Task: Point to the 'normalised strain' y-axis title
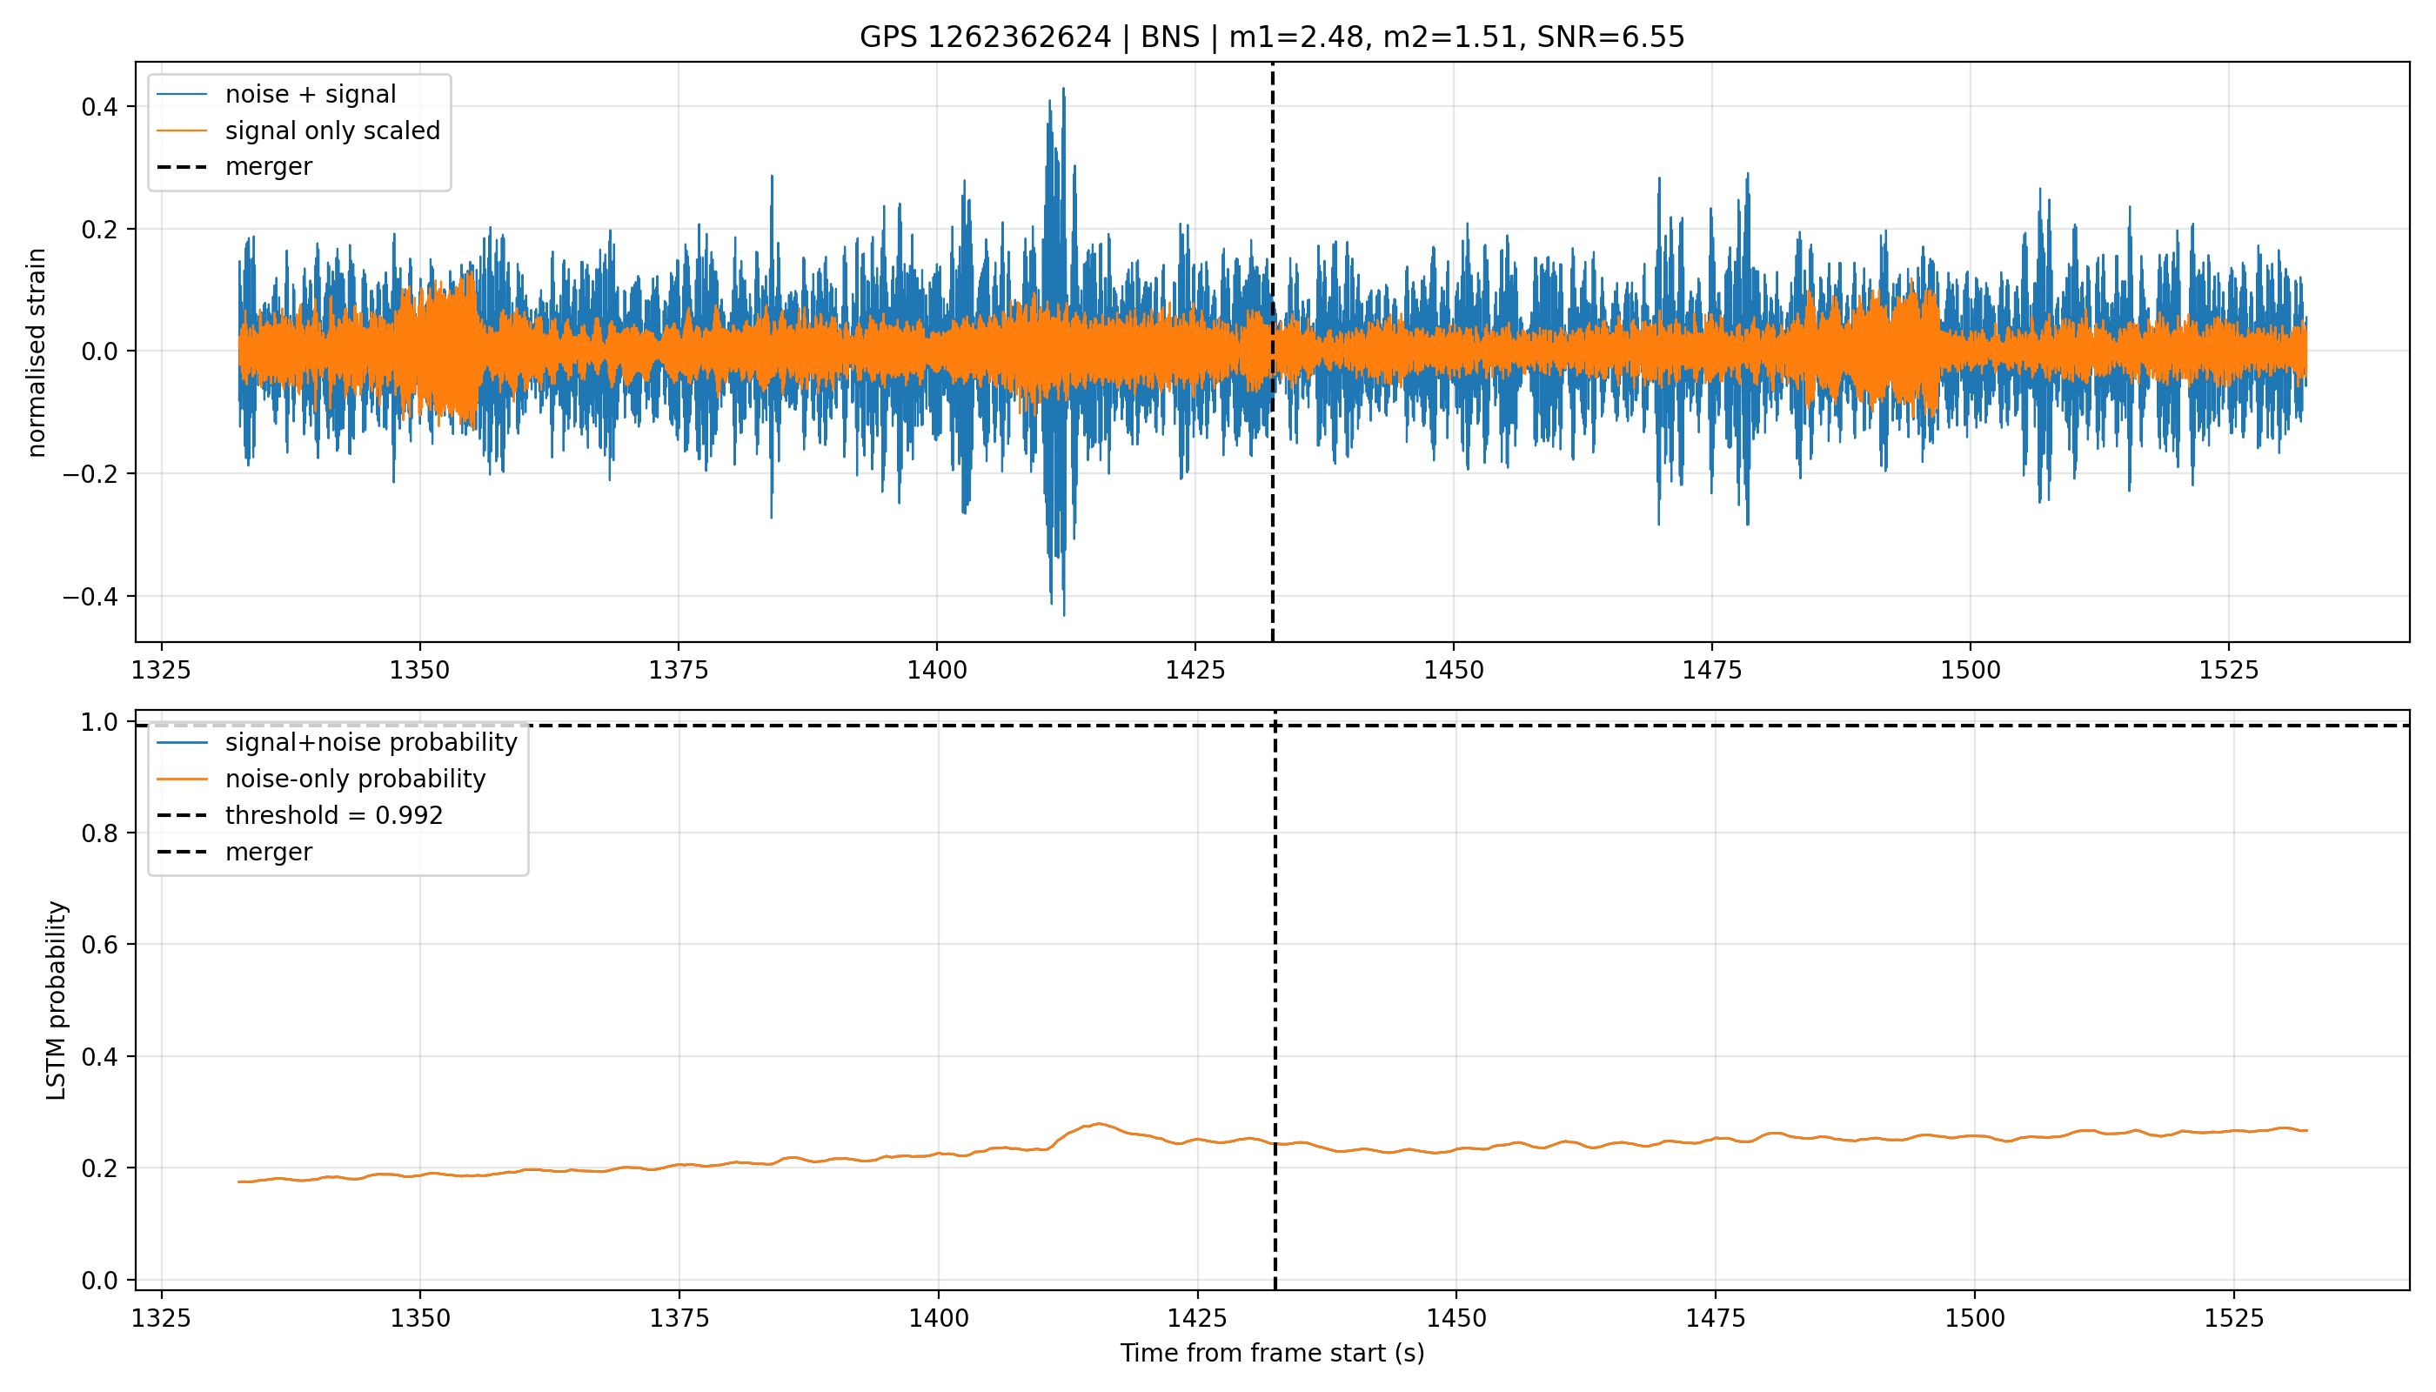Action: click(37, 352)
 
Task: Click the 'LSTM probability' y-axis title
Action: click(57, 1000)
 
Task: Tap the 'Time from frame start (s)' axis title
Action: click(1273, 1353)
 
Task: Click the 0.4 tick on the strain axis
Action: click(99, 107)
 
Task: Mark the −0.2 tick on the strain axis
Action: click(90, 474)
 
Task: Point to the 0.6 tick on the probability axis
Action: click(99, 945)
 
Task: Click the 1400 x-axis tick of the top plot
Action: click(937, 670)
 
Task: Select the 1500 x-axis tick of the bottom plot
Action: click(1974, 1318)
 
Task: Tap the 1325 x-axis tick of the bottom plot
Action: click(162, 1318)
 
